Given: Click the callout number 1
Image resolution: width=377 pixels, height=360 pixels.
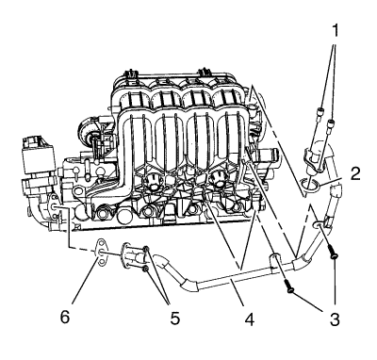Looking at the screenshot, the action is (336, 31).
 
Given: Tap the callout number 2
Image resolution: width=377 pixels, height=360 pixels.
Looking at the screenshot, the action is (355, 173).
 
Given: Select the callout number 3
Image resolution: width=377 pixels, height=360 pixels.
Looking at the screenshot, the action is (335, 319).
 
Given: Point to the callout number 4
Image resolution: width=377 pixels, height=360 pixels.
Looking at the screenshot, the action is (250, 319).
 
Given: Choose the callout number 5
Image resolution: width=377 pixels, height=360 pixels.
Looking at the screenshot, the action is (175, 319).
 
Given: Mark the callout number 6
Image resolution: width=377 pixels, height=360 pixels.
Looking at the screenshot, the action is (65, 318).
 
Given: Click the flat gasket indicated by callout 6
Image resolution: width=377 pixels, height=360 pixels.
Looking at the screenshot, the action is (101, 252).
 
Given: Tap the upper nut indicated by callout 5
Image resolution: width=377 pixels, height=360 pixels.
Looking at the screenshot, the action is (146, 250).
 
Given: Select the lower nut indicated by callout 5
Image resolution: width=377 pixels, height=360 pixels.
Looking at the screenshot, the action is (145, 269).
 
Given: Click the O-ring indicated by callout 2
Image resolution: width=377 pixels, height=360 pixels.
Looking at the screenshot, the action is (310, 185).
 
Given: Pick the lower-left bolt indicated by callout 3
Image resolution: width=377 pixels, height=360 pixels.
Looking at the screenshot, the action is (288, 285).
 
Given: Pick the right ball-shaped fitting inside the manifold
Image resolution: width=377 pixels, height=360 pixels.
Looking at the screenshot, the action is (219, 180).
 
